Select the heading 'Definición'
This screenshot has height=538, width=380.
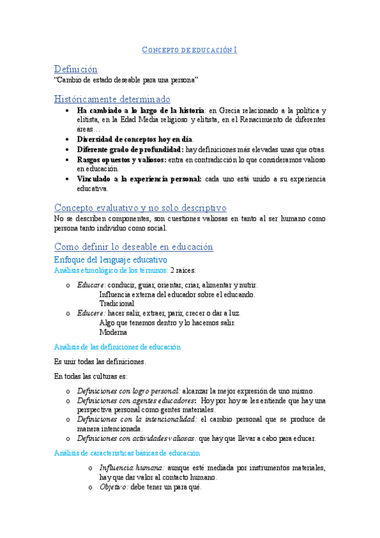point(75,69)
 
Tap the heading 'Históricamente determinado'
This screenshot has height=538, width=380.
point(112,99)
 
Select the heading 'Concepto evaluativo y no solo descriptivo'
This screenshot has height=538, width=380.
point(140,207)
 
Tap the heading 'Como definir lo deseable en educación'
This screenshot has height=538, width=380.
point(134,247)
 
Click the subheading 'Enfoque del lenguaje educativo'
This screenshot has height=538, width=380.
point(110,259)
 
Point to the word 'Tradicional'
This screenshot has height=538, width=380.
point(117,303)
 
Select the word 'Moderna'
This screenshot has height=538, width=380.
point(113,332)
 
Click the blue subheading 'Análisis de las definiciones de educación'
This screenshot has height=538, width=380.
point(118,347)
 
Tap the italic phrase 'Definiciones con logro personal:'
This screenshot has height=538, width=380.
point(129,391)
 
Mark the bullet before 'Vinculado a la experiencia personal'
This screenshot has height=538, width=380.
point(68,180)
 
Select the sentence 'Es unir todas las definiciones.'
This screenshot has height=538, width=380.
point(100,362)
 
